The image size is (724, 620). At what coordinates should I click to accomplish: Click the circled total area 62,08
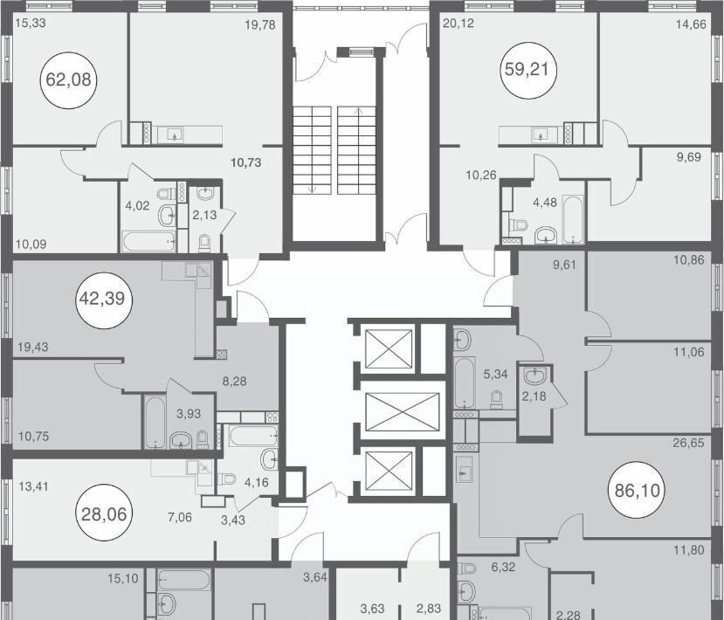click(x=69, y=79)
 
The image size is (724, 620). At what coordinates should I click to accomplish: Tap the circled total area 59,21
click(x=527, y=69)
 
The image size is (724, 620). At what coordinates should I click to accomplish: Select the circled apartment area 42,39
click(x=102, y=300)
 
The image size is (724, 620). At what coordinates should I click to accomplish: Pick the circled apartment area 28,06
click(x=104, y=513)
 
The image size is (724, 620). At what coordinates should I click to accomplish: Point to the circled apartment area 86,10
click(x=638, y=490)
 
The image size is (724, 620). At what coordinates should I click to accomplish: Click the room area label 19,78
click(x=260, y=24)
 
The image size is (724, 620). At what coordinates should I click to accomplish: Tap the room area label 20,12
click(x=458, y=23)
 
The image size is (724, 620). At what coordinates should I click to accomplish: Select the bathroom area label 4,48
click(x=545, y=203)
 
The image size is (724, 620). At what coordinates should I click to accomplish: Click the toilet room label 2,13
click(x=204, y=215)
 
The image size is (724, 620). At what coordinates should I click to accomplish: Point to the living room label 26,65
click(x=688, y=444)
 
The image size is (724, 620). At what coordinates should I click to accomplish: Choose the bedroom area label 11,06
click(x=689, y=352)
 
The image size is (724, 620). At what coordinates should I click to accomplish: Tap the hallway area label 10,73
click(x=246, y=162)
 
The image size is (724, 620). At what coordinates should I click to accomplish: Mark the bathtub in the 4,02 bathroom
click(x=148, y=241)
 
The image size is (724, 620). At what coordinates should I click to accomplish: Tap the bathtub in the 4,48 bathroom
click(x=573, y=219)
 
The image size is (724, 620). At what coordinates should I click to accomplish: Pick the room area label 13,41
click(x=34, y=486)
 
